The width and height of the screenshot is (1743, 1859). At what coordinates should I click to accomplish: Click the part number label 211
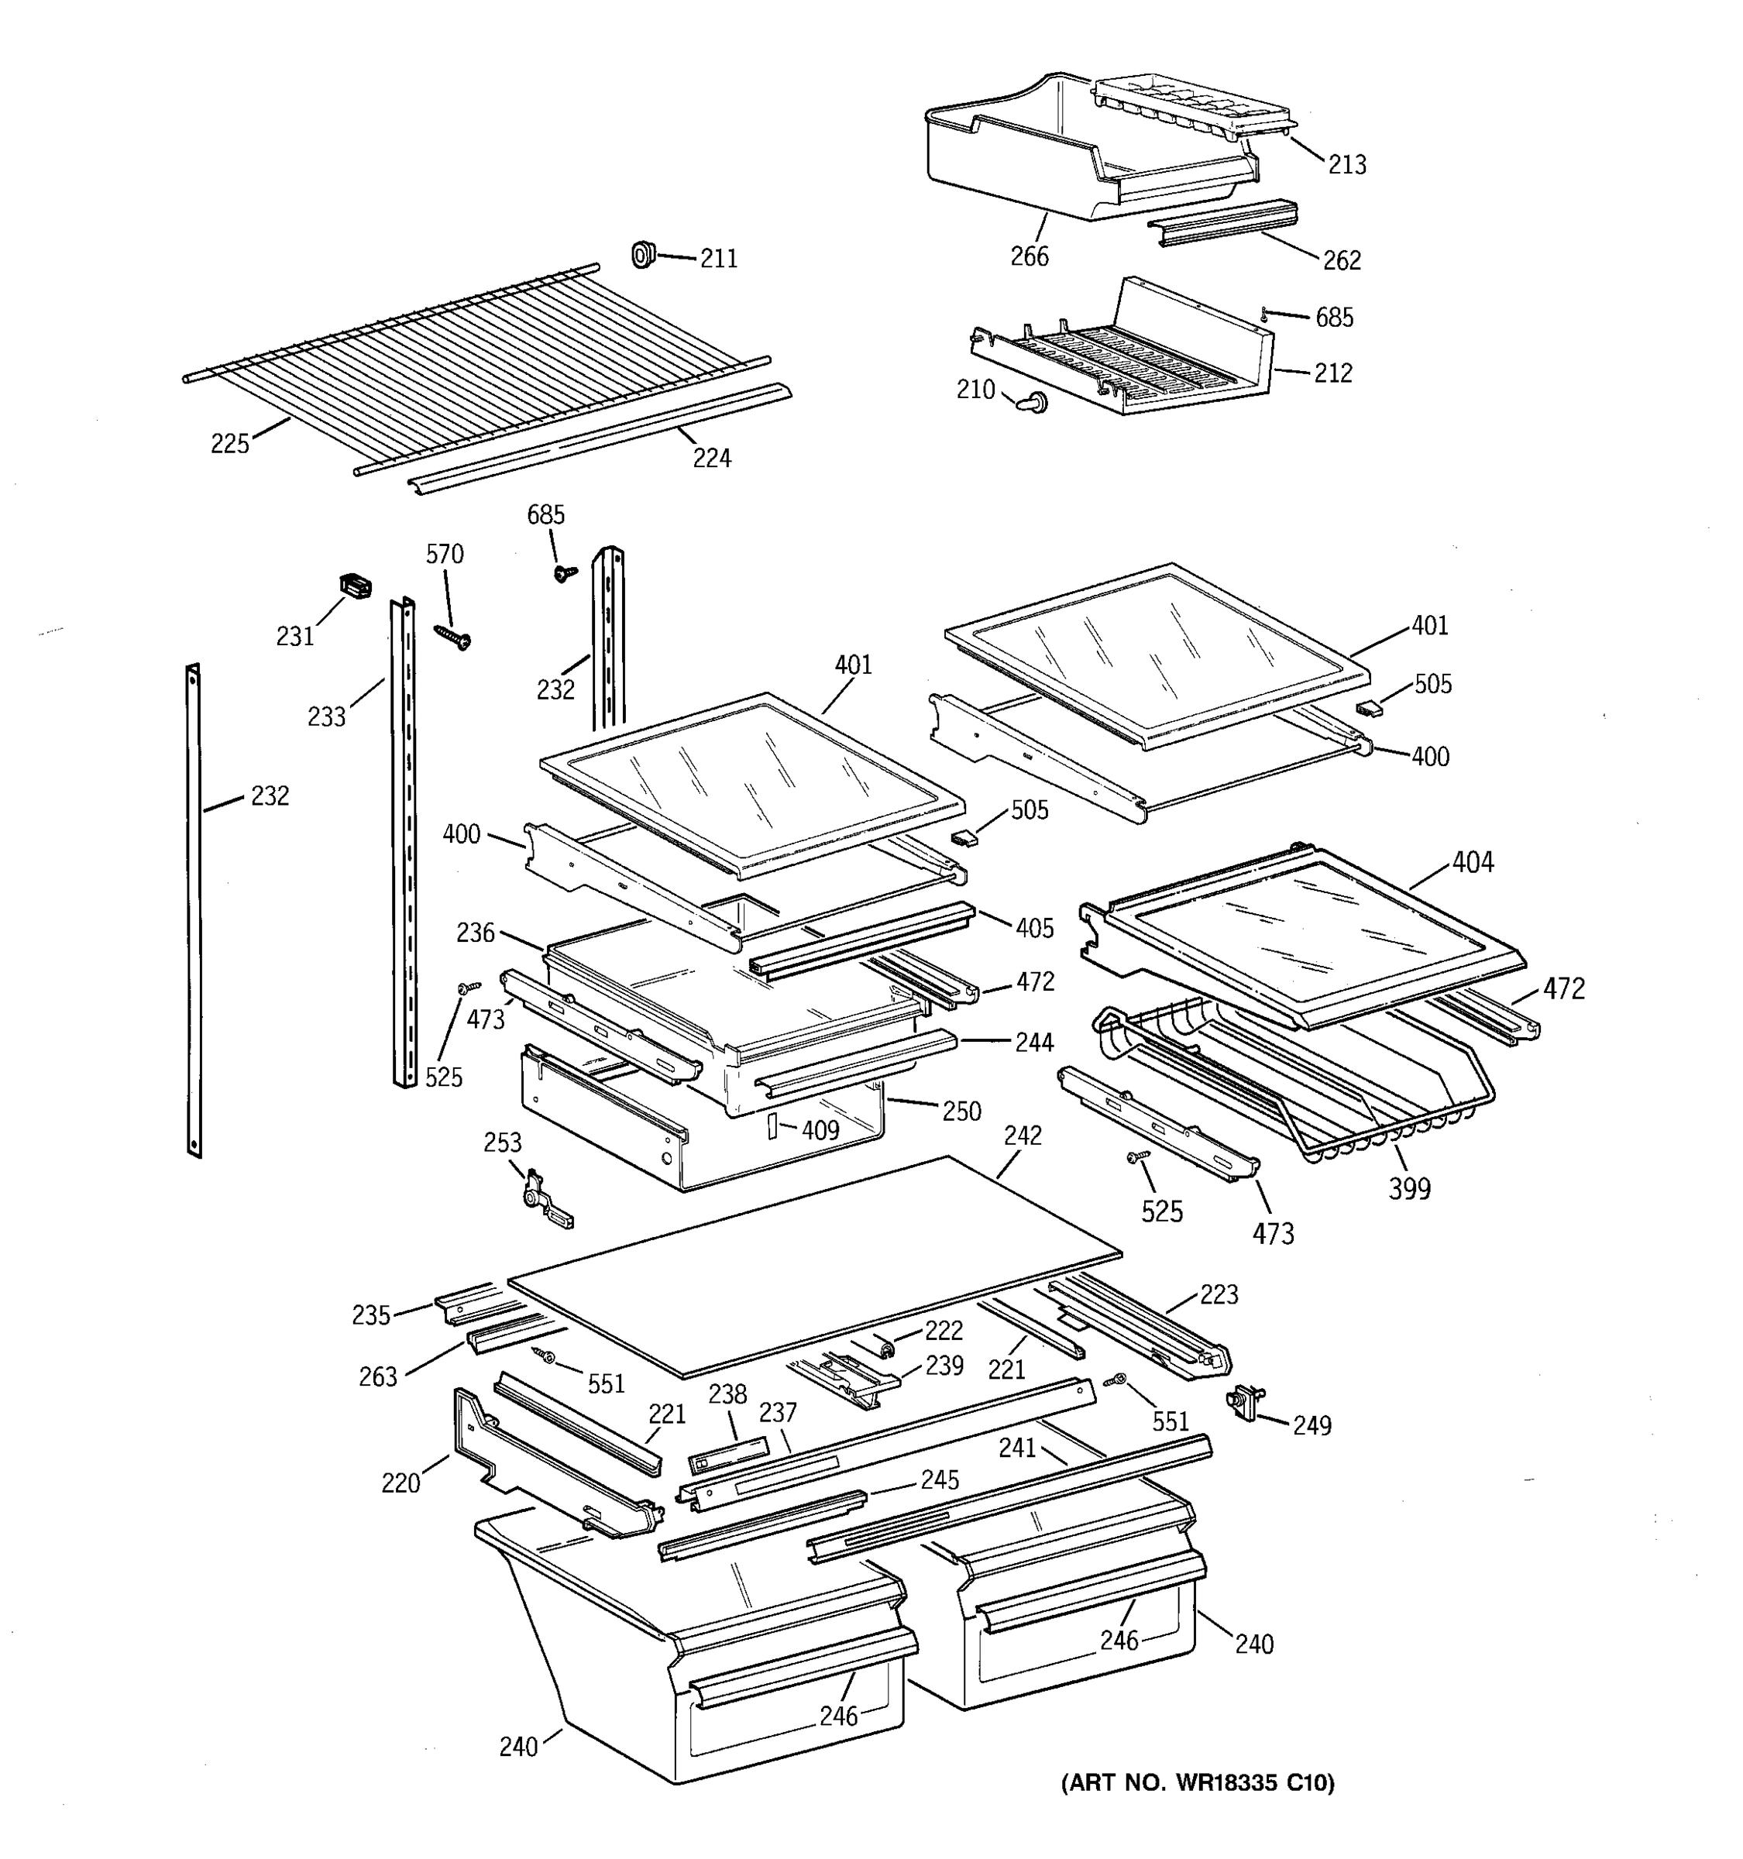pos(718,258)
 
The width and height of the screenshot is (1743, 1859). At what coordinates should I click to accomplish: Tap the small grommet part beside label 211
pos(641,253)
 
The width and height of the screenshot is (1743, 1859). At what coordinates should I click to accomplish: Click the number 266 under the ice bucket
pos(1030,256)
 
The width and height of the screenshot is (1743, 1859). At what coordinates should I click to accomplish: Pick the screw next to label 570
pos(452,637)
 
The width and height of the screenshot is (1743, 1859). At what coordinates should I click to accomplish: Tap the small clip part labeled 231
pos(354,586)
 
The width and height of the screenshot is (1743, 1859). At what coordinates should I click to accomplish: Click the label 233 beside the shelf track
pos(326,716)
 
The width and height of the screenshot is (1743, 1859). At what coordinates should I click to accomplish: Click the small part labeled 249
pos(1246,1404)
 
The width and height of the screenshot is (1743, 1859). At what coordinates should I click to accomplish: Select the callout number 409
pos(820,1131)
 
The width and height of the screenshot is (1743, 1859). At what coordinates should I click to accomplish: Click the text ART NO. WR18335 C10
pos(1198,1783)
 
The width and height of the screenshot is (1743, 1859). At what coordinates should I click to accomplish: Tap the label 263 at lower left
pos(378,1376)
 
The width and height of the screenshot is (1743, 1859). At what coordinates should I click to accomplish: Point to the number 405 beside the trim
pos(1034,928)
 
